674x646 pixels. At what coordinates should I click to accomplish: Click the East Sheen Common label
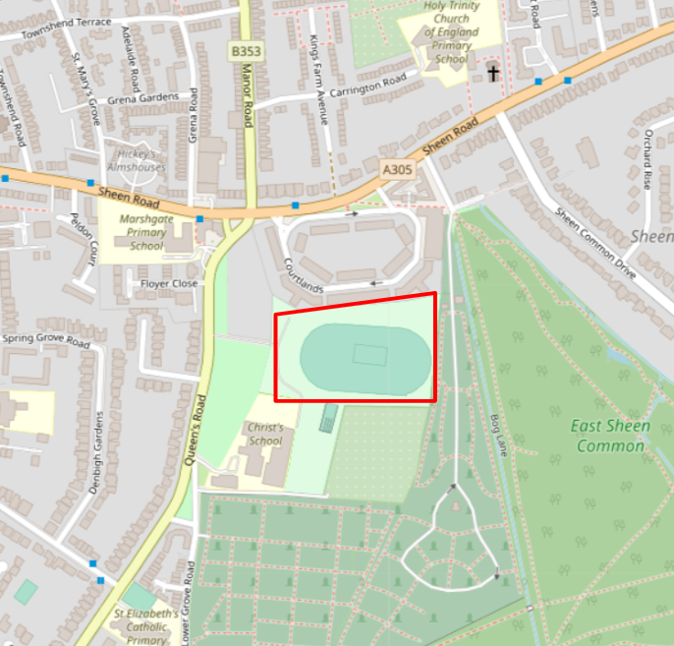pyautogui.click(x=609, y=436)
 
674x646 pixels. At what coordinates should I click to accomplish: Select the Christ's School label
pyautogui.click(x=265, y=435)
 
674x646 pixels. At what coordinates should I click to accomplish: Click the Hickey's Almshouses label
pyautogui.click(x=137, y=160)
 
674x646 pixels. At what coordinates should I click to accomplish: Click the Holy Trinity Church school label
pyautogui.click(x=451, y=31)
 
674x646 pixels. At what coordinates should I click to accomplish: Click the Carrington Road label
pyautogui.click(x=367, y=86)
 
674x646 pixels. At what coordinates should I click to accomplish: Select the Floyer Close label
pyautogui.click(x=168, y=283)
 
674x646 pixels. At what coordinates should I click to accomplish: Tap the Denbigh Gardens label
pyautogui.click(x=95, y=442)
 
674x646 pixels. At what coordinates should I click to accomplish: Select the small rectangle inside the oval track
pyautogui.click(x=369, y=354)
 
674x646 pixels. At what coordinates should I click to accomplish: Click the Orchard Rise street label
pyautogui.click(x=647, y=159)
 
